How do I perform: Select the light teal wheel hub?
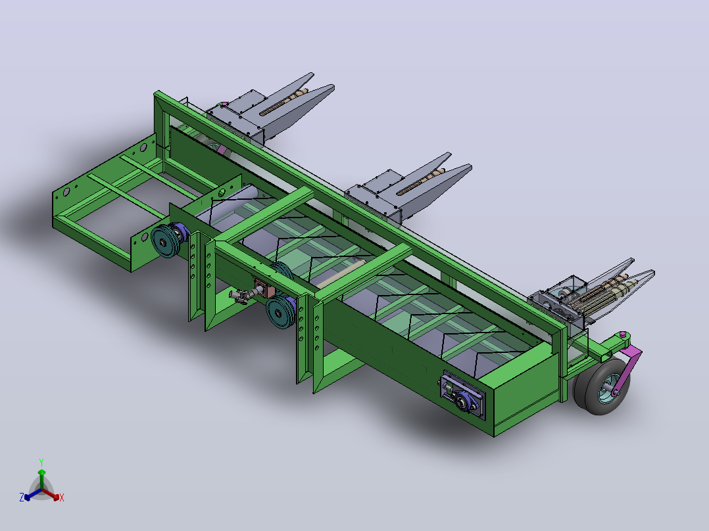[608, 387]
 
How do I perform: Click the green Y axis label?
[41, 462]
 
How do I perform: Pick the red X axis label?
[62, 497]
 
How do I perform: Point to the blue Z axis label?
[21, 497]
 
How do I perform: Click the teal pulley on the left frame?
[164, 241]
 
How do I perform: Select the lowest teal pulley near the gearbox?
[280, 312]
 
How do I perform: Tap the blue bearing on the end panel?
[464, 400]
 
